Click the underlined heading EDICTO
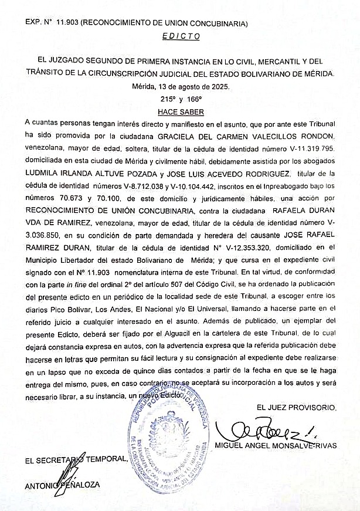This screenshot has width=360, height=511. [180, 36]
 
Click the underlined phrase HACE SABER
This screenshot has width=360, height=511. [179, 111]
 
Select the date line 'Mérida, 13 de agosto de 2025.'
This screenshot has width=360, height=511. [180, 86]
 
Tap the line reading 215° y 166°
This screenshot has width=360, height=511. [181, 99]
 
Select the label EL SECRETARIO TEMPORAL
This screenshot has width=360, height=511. [76, 459]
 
